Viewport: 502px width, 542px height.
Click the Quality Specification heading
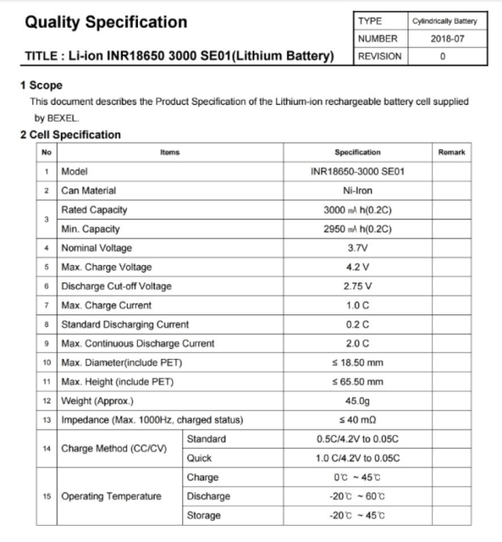coord(106,22)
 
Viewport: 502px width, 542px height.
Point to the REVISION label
coord(379,56)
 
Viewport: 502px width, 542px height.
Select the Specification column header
coord(357,153)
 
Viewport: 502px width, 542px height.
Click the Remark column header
coord(451,153)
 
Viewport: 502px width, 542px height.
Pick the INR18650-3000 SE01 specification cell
coord(357,172)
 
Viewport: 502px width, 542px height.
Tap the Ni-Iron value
coord(357,191)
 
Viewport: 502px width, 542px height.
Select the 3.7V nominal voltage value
coord(357,248)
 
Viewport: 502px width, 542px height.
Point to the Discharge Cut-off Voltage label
coord(116,286)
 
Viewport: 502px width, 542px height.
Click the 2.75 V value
coord(357,286)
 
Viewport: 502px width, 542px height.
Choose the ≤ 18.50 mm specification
coord(357,363)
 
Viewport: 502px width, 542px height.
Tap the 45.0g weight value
coord(357,401)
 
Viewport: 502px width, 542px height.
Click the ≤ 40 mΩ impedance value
coord(357,420)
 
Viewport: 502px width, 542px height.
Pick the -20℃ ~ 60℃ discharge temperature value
coord(357,496)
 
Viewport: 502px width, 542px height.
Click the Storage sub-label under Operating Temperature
coord(203,516)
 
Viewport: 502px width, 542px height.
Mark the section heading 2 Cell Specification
coord(70,134)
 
